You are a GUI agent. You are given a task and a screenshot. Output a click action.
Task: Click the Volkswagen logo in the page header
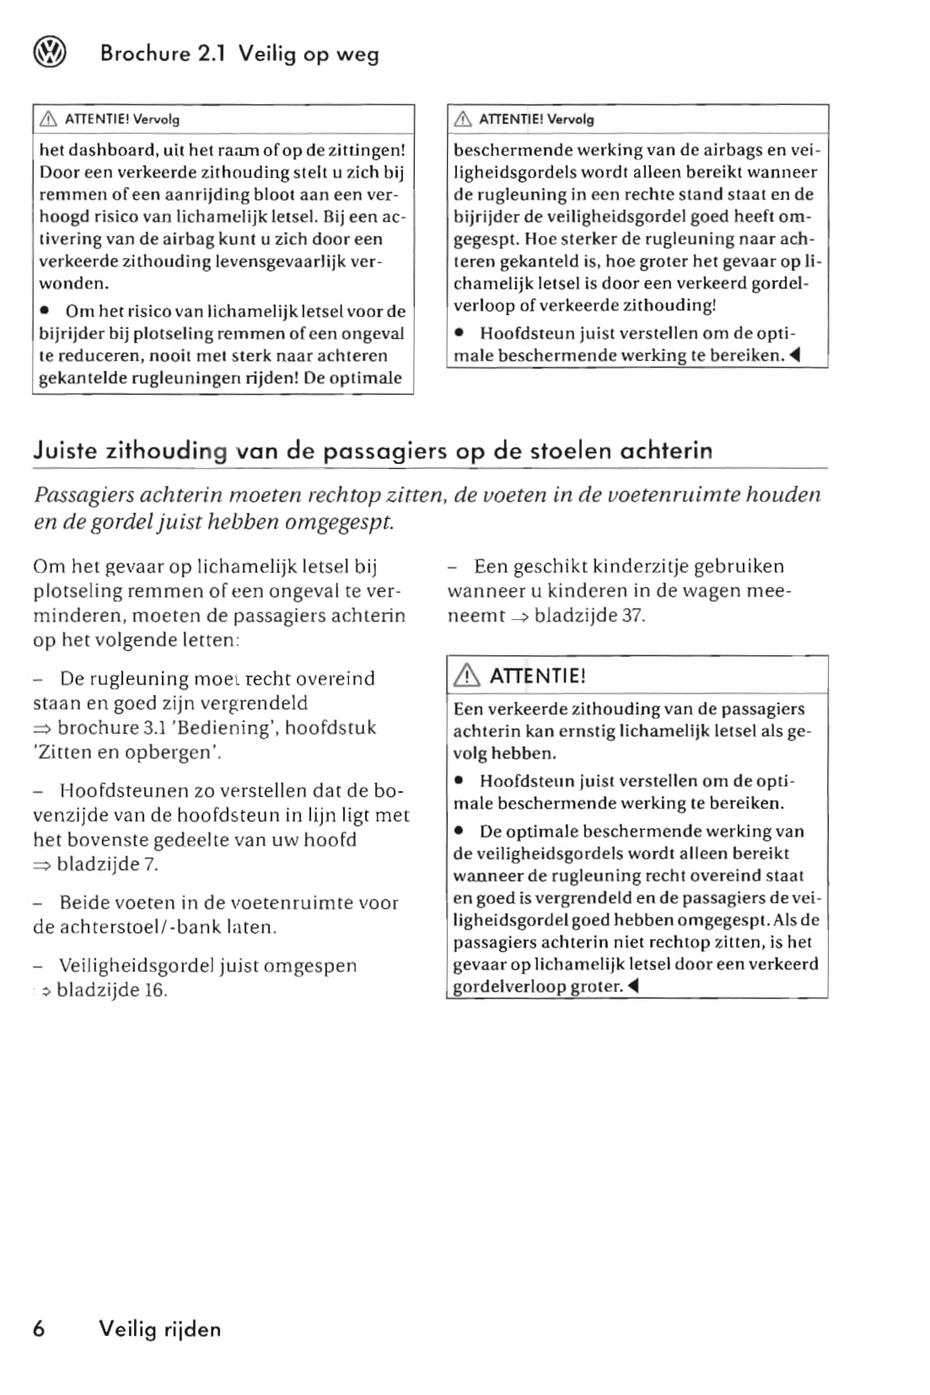[x=49, y=54]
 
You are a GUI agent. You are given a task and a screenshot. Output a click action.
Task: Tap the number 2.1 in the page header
[x=212, y=54]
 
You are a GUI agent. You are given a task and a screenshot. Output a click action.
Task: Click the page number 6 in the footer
[x=40, y=1329]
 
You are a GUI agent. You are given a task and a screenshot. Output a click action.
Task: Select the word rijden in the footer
[x=192, y=1329]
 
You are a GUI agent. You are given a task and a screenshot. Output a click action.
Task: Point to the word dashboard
[x=113, y=151]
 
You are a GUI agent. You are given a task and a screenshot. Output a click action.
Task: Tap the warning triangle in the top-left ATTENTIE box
[x=48, y=120]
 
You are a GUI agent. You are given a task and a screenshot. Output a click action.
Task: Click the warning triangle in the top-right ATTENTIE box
[x=462, y=120]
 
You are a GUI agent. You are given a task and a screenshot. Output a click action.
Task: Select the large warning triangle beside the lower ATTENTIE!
[x=466, y=676]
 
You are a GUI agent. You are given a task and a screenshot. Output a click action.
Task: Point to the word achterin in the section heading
[x=665, y=450]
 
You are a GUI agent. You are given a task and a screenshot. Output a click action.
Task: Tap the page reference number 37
[x=632, y=616]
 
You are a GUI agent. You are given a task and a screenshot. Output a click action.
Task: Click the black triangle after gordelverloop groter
[x=633, y=986]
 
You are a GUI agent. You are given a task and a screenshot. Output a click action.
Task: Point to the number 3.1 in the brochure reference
[x=134, y=728]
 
